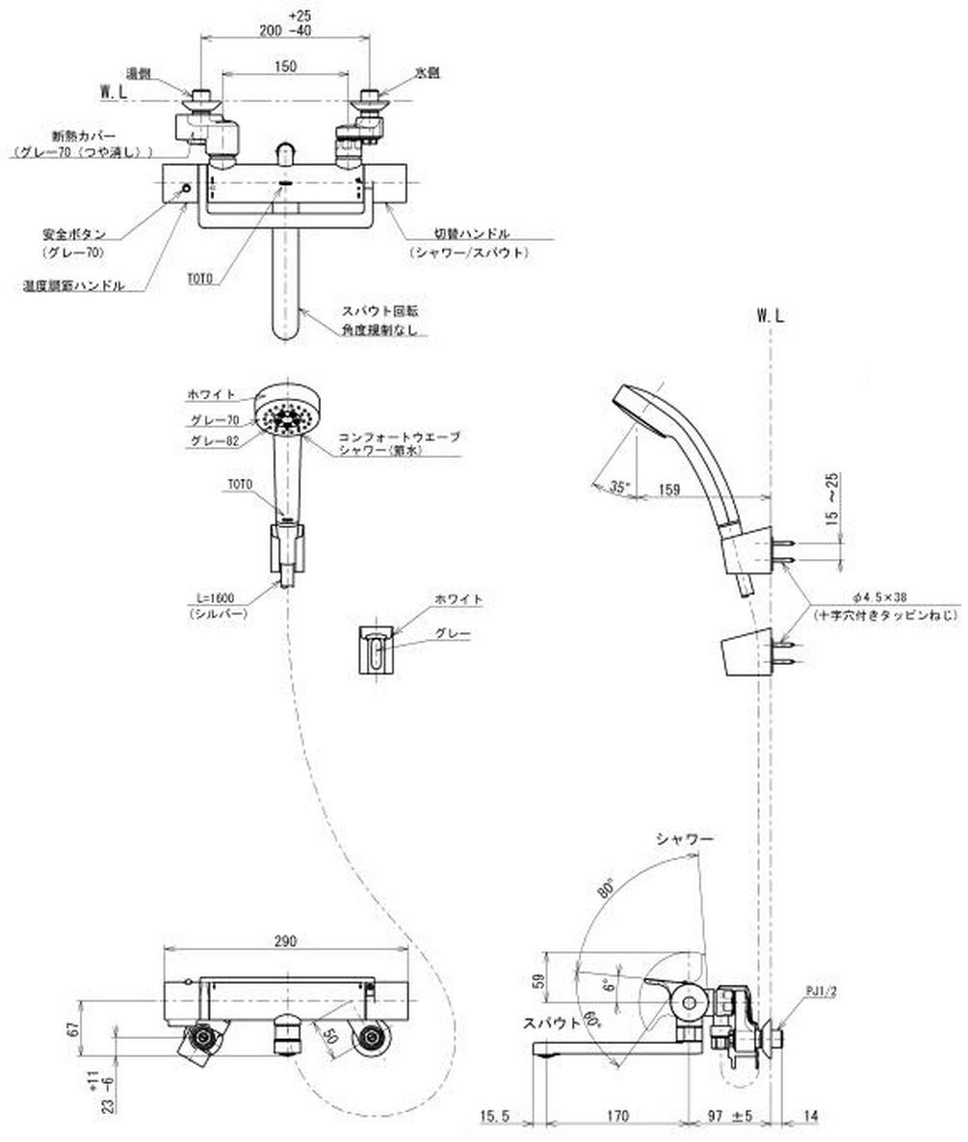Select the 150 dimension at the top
[284, 66]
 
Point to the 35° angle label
[619, 487]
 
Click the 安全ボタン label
[72, 233]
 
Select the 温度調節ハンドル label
[72, 286]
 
